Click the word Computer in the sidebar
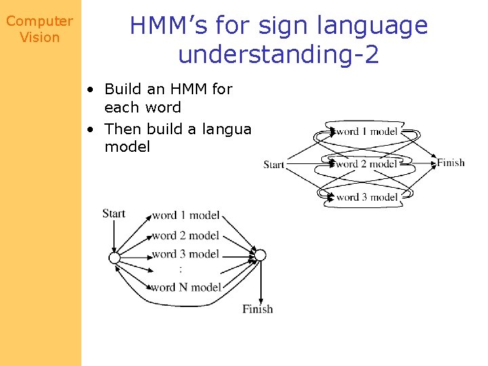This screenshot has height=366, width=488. [39, 21]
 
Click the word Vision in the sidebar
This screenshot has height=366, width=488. [39, 37]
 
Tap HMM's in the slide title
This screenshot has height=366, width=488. [165, 26]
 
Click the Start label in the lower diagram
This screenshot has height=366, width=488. [114, 213]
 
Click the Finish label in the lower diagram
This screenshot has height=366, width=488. [258, 309]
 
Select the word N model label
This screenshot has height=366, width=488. [186, 287]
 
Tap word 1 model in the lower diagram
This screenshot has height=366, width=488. [186, 216]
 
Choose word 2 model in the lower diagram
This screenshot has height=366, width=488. [186, 235]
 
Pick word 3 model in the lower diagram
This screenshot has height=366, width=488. [186, 254]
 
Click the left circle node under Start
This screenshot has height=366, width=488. [115, 258]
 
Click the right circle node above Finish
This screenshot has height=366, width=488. [260, 256]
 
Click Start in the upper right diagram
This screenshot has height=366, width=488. [274, 164]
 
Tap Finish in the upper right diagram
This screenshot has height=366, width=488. [451, 162]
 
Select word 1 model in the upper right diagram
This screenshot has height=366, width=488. [367, 131]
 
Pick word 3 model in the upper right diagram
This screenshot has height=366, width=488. [367, 197]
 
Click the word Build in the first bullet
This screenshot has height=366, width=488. [123, 89]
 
